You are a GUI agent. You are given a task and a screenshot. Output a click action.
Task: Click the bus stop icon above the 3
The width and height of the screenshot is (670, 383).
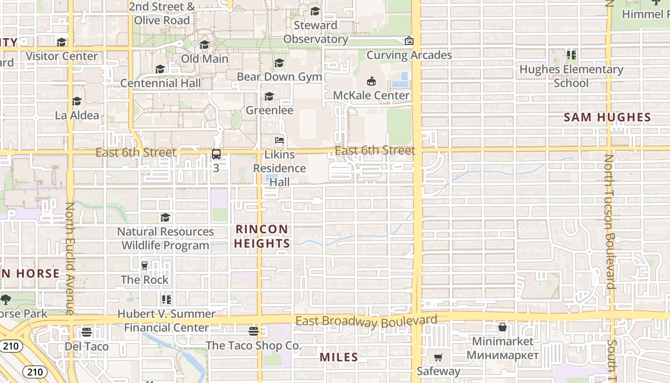coord(216,154)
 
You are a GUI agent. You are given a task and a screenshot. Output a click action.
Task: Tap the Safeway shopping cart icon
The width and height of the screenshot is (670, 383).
coord(438,357)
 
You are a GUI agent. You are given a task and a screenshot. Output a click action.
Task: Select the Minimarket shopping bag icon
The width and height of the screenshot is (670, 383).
coord(502,327)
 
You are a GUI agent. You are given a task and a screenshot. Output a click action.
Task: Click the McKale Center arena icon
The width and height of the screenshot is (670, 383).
coord(371,81)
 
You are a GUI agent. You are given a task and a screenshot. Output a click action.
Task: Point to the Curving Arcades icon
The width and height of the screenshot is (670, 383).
coord(409,41)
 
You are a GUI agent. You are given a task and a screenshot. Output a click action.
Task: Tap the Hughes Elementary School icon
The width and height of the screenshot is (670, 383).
coord(571,55)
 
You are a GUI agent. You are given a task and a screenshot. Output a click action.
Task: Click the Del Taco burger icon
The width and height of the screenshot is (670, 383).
coord(87,332)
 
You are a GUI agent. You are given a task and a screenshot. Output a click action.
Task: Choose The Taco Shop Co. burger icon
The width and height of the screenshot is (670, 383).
coord(254,331)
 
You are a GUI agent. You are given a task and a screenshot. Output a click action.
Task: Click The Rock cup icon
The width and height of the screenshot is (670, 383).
coord(145,265)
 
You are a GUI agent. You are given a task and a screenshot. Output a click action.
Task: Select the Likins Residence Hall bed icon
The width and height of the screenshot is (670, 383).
coord(279,141)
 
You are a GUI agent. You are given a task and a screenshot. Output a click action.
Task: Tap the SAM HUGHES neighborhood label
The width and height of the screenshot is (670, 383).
coord(607,117)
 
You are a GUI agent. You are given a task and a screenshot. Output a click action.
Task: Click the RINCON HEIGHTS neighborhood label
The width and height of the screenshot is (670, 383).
coord(262,237)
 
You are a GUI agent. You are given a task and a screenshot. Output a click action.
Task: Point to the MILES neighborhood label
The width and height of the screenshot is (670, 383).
coord(339,357)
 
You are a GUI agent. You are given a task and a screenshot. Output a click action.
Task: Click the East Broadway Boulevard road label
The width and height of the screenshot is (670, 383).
coord(367,321)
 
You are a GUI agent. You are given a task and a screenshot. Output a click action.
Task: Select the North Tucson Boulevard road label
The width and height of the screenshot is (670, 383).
coord(609,221)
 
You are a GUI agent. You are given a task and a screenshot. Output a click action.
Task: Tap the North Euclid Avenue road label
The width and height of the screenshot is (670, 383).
coord(70,259)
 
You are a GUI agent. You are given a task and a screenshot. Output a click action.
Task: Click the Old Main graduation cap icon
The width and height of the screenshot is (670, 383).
coord(205,45)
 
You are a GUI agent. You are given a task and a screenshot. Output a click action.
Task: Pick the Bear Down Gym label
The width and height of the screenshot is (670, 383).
coord(279,77)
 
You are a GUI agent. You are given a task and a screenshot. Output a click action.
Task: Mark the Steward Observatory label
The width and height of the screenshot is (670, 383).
coord(315,32)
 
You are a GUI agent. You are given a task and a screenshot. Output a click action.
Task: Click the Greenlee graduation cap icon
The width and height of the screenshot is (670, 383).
coord(269,97)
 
